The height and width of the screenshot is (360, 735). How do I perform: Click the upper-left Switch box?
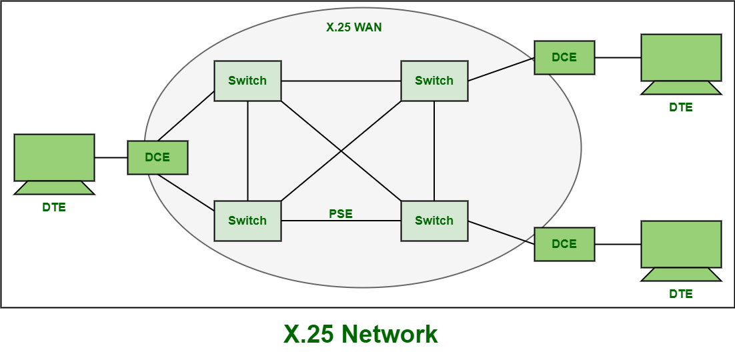247,81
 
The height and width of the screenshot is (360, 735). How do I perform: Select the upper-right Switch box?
434,81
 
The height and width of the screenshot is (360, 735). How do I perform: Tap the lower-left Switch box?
247,221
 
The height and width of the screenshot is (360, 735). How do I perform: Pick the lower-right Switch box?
434,221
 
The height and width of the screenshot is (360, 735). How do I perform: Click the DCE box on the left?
157,157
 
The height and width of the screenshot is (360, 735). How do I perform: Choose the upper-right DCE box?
564,57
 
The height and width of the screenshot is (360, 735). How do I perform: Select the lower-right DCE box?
564,244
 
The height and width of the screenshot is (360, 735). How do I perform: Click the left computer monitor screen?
54,157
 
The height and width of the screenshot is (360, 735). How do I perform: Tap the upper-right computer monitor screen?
681,57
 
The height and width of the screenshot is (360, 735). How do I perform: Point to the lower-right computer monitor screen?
681,244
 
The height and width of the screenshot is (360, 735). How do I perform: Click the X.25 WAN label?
354,28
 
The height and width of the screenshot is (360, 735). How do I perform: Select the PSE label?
341,214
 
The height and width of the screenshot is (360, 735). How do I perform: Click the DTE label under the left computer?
54,207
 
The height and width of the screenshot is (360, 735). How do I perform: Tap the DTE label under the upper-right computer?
681,107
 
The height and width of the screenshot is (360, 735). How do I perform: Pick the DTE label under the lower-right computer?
681,293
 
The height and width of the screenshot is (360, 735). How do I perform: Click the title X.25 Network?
361,334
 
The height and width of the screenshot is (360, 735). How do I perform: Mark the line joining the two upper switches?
341,81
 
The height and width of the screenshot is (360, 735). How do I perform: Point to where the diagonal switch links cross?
341,151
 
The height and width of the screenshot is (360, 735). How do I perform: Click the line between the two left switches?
247,151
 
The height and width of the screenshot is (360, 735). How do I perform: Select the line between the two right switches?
434,151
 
